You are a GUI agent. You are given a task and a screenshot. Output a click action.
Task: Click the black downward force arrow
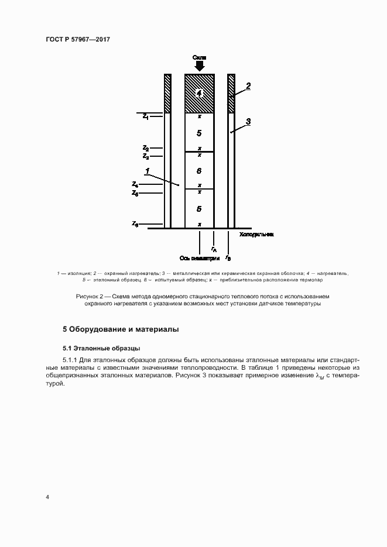tap(200, 66)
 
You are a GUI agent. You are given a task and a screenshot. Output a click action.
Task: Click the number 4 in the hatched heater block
tap(200, 94)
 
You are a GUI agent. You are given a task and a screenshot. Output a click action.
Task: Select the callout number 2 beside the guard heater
tap(248, 86)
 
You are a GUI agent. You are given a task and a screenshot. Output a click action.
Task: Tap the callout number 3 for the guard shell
tap(248, 122)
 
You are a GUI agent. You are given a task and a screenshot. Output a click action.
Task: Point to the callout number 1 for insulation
tap(149, 171)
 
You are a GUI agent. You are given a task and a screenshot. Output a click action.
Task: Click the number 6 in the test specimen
tap(200, 171)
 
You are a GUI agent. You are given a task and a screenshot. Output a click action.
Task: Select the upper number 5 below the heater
tap(200, 133)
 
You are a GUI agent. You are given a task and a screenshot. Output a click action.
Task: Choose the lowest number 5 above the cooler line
tap(200, 208)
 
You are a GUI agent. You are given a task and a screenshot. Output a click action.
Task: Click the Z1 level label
tap(145, 116)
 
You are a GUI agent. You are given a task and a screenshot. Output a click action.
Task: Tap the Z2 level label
tap(145, 149)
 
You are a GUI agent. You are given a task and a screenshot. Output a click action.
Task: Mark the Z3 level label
tap(145, 157)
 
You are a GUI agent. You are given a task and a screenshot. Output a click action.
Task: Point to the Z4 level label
tap(135, 184)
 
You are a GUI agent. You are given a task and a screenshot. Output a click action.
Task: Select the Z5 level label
tap(135, 192)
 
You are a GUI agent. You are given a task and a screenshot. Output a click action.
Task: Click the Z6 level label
tap(135, 224)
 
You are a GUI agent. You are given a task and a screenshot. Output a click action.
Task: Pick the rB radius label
tap(228, 257)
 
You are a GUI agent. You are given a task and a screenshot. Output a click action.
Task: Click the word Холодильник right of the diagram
tap(257, 235)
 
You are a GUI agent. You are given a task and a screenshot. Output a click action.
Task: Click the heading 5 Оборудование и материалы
tap(121, 329)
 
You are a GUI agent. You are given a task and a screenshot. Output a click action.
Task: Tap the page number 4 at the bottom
tap(47, 497)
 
